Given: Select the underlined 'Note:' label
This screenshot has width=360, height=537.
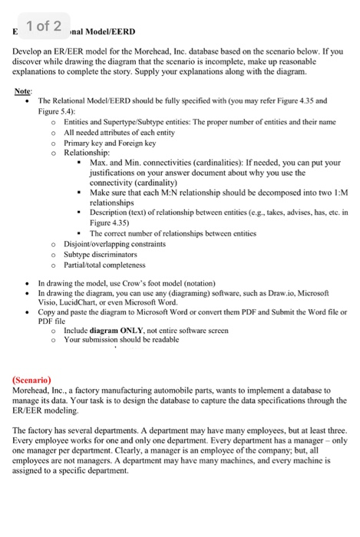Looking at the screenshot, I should pos(23,91).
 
